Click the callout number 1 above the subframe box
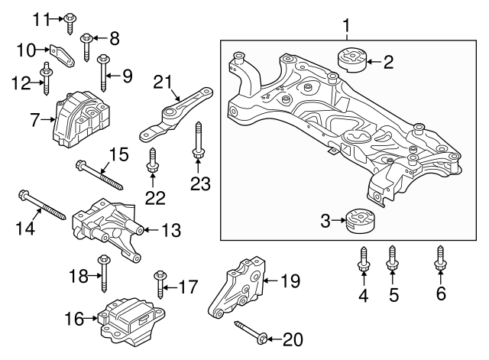[345, 29]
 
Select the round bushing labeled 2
[352, 60]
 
